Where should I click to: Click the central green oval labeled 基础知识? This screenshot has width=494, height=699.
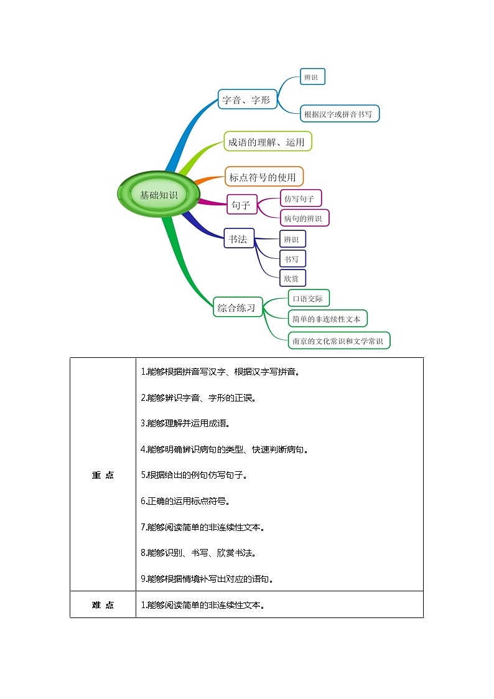pos(158,195)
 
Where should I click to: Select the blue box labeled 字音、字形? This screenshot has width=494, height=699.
pos(247,100)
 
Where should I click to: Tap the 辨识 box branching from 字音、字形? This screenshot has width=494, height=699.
pos(312,77)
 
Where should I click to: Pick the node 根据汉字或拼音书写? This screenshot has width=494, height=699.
pos(339,114)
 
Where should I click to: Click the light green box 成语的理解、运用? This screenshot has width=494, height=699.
pos(267,142)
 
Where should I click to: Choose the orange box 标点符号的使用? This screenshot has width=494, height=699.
pos(263,177)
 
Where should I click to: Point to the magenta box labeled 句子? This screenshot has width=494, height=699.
pos(241,204)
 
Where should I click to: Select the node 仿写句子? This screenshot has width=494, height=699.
pos(301,199)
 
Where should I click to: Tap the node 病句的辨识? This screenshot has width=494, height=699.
pos(304,218)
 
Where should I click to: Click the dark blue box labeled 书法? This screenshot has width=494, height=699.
pos(238,238)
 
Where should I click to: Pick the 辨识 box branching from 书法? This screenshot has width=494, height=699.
pos(292,239)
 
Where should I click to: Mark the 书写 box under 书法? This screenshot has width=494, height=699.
pos(292,259)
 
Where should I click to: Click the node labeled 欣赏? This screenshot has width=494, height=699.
pos(292,278)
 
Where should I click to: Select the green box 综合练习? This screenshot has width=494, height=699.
pos(236,307)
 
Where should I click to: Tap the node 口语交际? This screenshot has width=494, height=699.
pos(309,299)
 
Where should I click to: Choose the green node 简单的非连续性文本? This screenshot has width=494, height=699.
pos(327,319)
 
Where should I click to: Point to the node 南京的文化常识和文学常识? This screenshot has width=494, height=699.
pos(340,341)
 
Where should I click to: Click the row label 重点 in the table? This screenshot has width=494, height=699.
pos(103,475)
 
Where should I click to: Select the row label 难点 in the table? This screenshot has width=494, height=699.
pos(103,605)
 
